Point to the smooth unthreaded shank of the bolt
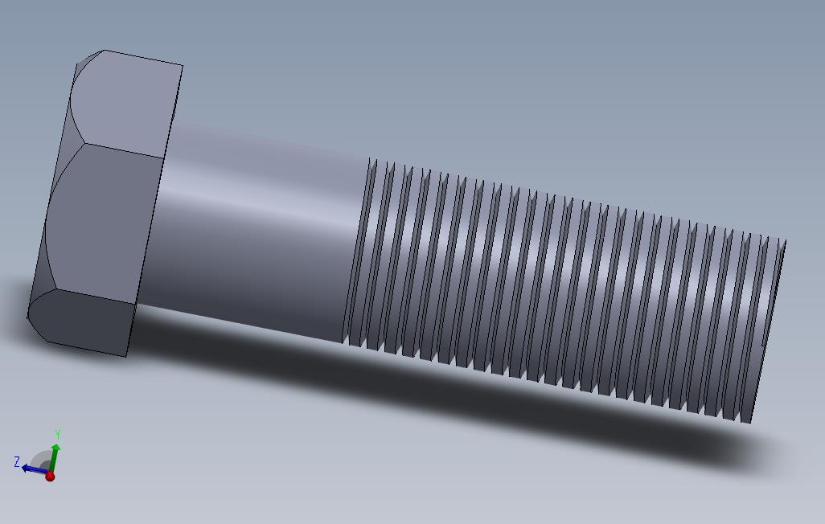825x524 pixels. tap(257, 233)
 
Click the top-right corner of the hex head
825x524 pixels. tap(183, 66)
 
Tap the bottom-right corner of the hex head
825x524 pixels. tap(126, 356)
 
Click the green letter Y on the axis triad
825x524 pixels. tap(57, 435)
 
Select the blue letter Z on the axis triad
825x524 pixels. tap(16, 461)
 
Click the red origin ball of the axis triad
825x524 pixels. tap(50, 477)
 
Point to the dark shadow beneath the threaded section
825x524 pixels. tap(563, 418)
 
